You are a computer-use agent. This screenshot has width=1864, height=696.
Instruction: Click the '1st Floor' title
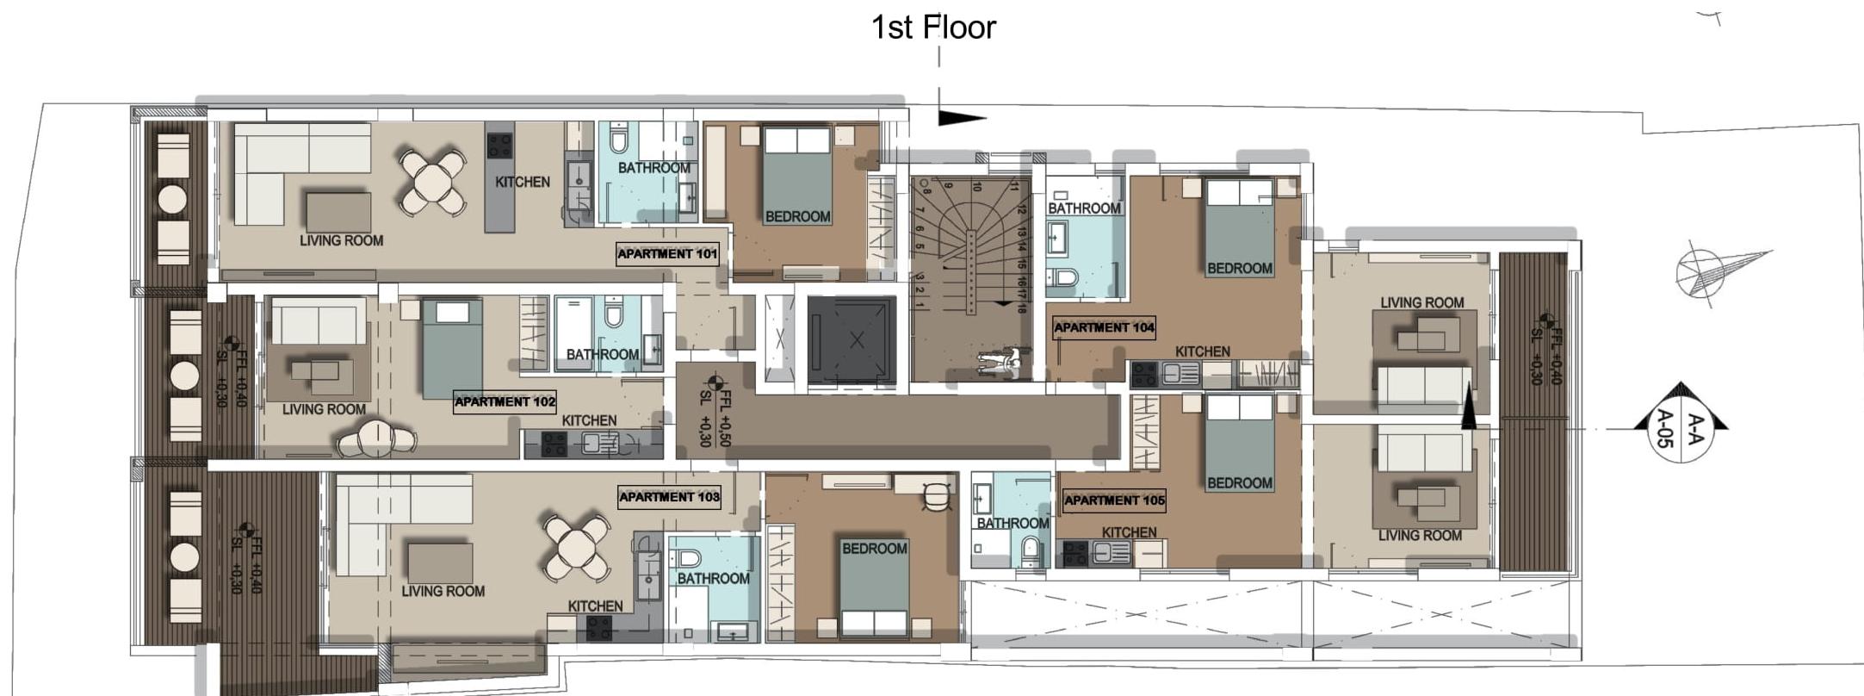coord(933,27)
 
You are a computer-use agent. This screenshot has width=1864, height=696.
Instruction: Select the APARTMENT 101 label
coord(667,254)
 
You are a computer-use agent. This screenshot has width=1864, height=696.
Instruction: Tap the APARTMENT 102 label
coord(505,401)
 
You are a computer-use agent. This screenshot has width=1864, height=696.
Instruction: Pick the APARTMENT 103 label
coord(669,497)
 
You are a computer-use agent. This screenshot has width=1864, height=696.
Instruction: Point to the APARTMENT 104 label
coord(1104,327)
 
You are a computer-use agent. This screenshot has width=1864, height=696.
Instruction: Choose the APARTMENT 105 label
coord(1114,500)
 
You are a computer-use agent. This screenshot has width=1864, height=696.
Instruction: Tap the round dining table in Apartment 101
coord(431,182)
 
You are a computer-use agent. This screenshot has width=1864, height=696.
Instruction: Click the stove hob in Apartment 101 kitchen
coord(499,146)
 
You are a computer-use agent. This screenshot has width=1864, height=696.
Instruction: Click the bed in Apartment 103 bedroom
coord(874,585)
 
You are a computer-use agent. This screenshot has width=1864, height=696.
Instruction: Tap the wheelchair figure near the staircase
coord(1004,361)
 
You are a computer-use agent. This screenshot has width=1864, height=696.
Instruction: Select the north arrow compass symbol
coord(1713,272)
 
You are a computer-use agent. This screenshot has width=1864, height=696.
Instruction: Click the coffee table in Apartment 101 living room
coord(338,212)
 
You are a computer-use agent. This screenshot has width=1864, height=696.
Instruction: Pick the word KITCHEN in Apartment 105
coord(1129,532)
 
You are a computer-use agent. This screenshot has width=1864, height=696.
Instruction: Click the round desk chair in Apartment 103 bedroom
coord(936,496)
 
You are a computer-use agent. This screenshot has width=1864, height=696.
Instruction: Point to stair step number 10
coord(977,186)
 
